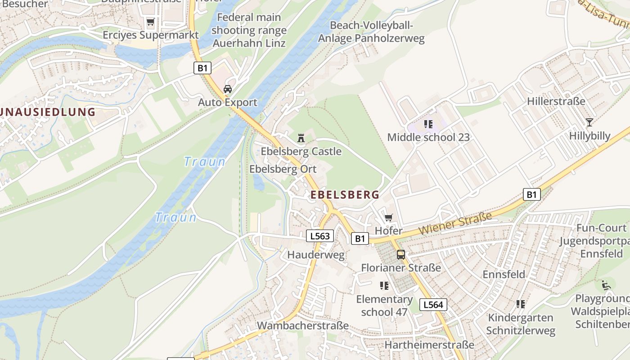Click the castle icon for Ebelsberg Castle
tap(301, 138)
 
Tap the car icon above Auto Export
tap(228, 89)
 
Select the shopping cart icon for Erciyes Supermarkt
tap(150, 22)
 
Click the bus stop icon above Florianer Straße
tap(400, 255)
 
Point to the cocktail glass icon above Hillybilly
tap(589, 122)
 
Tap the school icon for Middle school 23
tap(428, 124)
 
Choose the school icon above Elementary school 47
tap(384, 286)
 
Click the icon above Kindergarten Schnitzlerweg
tap(521, 304)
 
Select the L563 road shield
tap(320, 236)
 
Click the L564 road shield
tap(433, 305)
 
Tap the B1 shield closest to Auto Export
tap(202, 68)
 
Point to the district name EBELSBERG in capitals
tap(345, 195)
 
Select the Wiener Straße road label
tap(455, 224)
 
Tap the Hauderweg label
tap(316, 255)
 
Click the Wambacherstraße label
tap(302, 325)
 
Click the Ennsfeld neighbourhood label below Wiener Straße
tap(504, 274)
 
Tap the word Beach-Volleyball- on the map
tap(372, 25)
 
